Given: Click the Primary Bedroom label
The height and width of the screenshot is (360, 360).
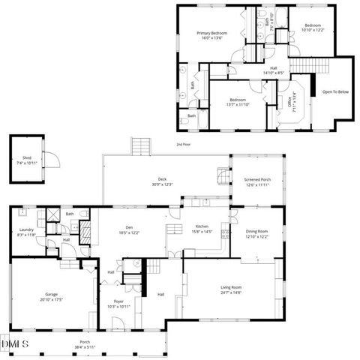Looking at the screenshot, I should [x=212, y=36].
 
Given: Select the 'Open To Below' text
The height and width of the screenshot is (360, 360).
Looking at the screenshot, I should [x=335, y=91].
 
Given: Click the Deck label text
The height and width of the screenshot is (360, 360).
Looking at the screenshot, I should [x=163, y=181].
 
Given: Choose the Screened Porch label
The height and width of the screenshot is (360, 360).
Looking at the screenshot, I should [x=257, y=182].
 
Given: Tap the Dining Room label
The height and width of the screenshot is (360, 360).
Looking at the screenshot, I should [x=257, y=234].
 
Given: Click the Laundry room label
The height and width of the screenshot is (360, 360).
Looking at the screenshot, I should [x=26, y=232].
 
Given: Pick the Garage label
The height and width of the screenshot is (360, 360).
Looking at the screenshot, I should [x=52, y=297].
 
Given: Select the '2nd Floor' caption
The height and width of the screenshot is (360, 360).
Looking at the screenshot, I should [x=184, y=144].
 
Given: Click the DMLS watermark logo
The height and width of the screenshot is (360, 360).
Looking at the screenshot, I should [x=16, y=343].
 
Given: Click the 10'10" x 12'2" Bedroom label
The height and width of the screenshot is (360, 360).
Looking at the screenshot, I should [x=311, y=28].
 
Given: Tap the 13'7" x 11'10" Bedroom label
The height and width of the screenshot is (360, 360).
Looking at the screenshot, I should [x=238, y=102].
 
